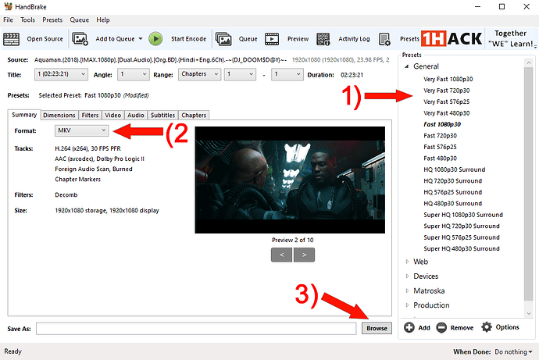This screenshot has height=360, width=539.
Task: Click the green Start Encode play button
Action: (155, 39)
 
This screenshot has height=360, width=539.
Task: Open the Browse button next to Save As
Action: (377, 329)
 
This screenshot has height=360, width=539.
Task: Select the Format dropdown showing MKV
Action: (81, 130)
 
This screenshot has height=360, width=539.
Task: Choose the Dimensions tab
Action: (59, 115)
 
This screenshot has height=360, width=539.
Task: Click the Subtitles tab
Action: (162, 115)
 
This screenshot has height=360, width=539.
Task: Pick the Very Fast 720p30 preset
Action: (447, 91)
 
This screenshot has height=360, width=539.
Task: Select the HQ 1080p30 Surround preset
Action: (455, 169)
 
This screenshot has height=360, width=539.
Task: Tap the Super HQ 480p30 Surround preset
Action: (462, 248)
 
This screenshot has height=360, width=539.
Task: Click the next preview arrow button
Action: (304, 255)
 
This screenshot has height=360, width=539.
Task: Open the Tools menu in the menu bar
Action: (27, 20)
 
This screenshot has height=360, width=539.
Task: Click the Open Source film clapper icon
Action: (12, 39)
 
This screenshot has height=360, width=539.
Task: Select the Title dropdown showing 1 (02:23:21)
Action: (61, 74)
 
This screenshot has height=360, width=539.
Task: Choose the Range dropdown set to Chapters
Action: (199, 74)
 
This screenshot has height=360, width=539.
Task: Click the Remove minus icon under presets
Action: (441, 327)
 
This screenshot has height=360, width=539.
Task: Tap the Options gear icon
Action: (487, 327)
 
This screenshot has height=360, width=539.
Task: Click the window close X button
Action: (527, 6)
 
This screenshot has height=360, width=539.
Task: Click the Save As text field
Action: (196, 329)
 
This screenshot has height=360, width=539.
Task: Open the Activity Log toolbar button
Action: (344, 39)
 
